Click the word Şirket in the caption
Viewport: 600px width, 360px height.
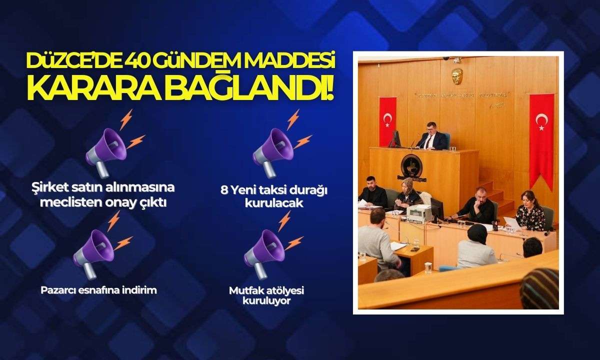click(49, 187)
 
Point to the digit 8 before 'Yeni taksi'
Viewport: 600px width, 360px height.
click(224, 190)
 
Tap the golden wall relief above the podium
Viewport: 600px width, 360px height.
click(457, 76)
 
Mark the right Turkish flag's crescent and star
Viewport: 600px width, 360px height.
click(541, 121)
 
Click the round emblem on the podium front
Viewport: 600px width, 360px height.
click(411, 166)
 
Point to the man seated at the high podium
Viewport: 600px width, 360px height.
click(432, 136)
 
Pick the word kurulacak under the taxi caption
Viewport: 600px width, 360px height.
click(274, 203)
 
